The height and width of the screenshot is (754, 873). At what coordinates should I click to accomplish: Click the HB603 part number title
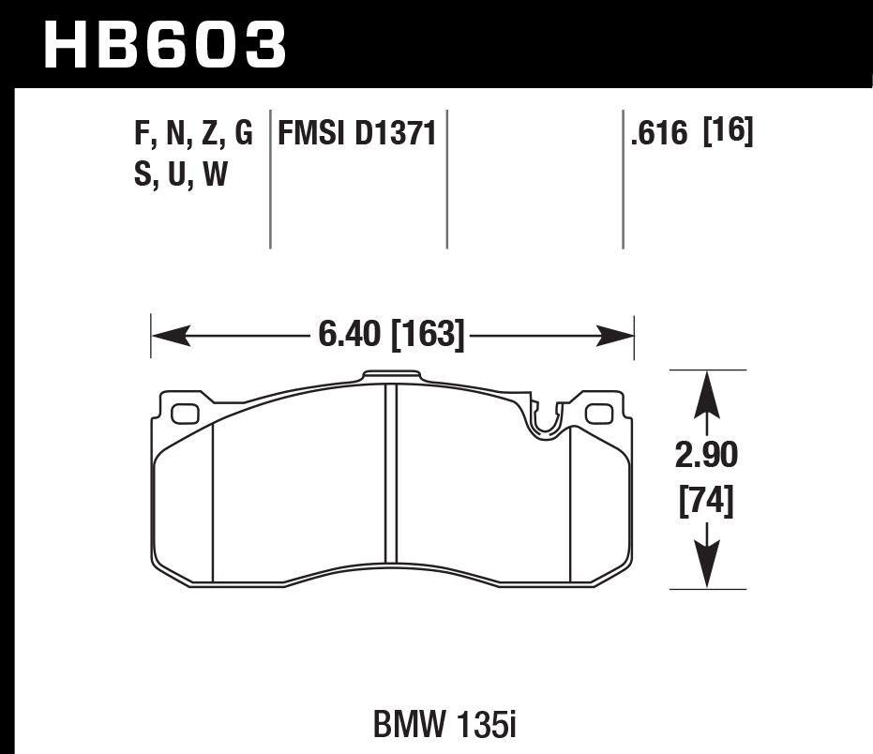click(x=164, y=44)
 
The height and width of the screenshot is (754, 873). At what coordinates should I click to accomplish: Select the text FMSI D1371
click(x=357, y=134)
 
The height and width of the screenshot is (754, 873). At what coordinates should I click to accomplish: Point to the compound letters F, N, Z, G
click(x=194, y=135)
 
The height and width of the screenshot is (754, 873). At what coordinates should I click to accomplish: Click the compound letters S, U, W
click(x=181, y=174)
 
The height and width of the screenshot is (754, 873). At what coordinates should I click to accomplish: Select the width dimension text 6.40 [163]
click(x=392, y=335)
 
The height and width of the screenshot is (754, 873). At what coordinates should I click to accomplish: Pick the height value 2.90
click(x=707, y=457)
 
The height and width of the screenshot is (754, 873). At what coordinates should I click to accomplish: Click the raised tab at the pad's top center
click(x=392, y=377)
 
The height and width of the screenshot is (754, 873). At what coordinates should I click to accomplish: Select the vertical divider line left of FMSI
click(x=270, y=178)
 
